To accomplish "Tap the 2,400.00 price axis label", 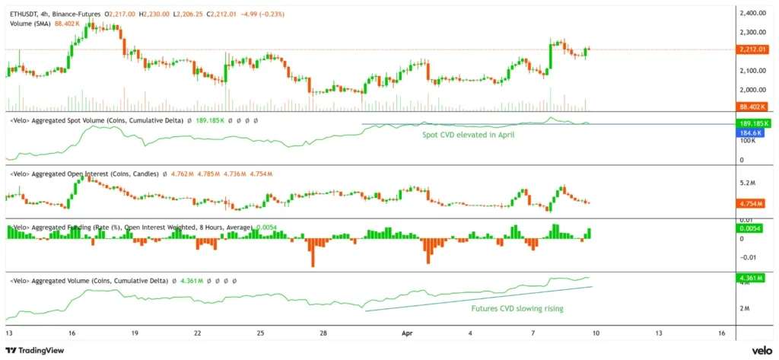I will (x=752, y=14).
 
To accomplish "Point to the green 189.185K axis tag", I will (x=753, y=123).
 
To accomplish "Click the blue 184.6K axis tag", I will (x=752, y=132).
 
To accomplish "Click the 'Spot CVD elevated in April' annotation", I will (x=470, y=134).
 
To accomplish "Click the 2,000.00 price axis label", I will (x=752, y=90).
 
